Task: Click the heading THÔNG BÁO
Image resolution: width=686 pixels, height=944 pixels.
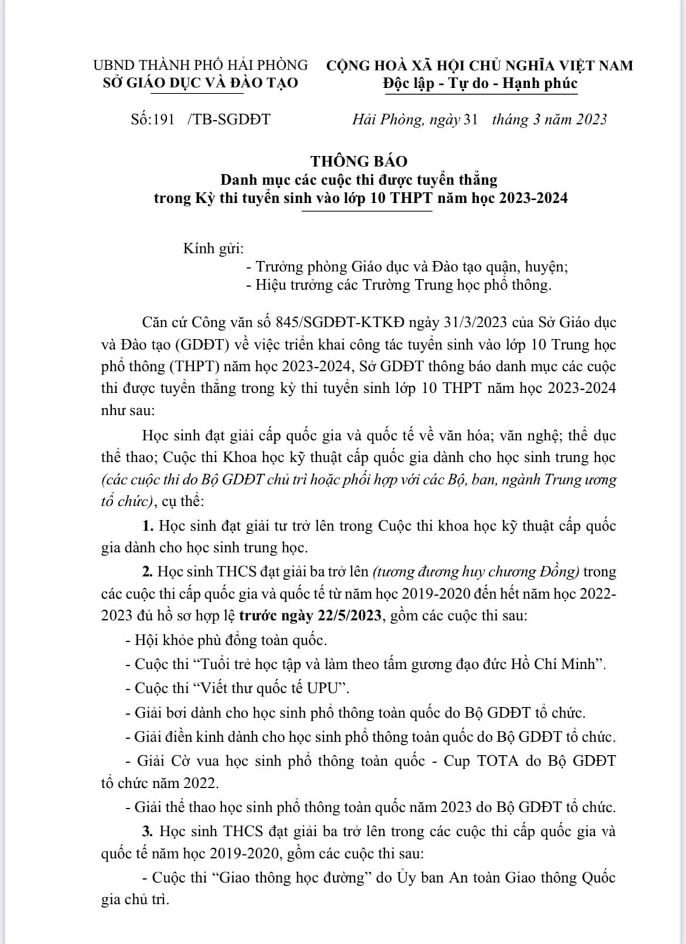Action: [x=359, y=161]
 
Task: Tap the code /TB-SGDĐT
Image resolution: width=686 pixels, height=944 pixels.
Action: [x=229, y=119]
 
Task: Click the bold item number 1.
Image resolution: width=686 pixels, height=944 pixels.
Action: [x=146, y=526]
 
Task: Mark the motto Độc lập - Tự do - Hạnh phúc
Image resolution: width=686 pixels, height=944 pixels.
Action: [x=480, y=83]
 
